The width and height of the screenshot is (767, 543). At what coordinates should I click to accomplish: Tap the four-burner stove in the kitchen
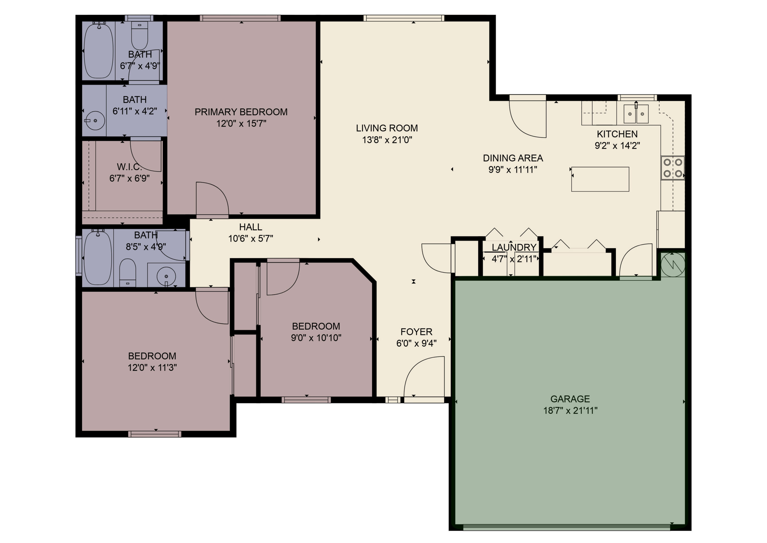[x=672, y=168]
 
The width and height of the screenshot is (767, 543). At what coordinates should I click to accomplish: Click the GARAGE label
[x=570, y=399]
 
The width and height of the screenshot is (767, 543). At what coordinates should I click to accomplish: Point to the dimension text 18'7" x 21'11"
[x=570, y=411]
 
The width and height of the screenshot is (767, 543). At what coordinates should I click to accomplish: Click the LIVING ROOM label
[x=387, y=128]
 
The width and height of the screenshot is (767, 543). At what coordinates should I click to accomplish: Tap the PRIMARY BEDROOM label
[x=241, y=112]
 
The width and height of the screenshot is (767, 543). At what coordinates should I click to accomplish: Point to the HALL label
[x=250, y=227]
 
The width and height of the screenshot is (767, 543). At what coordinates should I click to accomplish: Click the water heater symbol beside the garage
[x=673, y=264]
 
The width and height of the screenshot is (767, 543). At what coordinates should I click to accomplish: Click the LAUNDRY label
[x=514, y=247]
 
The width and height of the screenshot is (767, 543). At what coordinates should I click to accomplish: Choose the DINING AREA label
[x=513, y=158]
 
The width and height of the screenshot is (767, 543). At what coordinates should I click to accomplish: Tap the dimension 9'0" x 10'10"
[x=316, y=338]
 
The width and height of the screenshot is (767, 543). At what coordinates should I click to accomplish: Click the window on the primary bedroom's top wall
[x=240, y=18]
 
